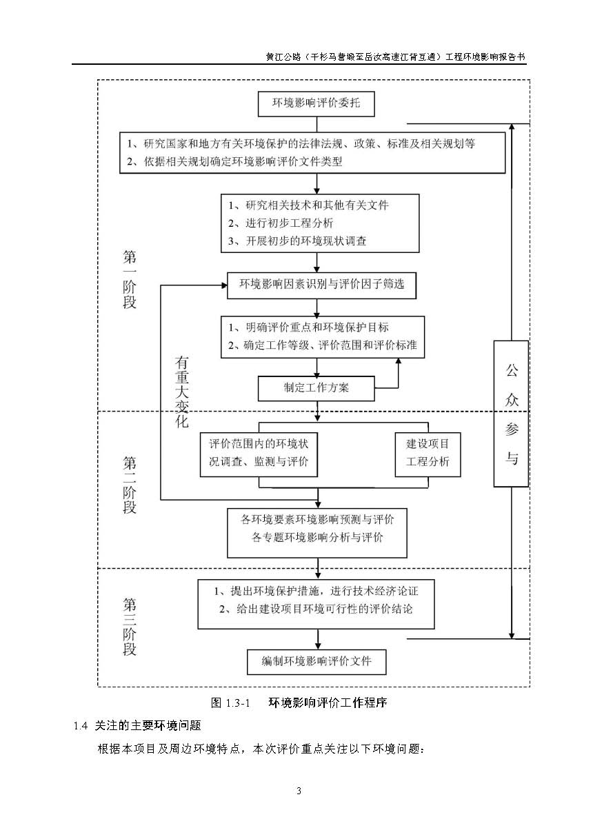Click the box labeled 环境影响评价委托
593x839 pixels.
tap(316, 104)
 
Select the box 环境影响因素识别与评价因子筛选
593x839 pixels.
tap(321, 285)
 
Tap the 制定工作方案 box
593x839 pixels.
tap(316, 387)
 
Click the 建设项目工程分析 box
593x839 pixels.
tap(428, 454)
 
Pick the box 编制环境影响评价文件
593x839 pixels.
tap(316, 661)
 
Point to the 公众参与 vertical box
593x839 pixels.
tap(511, 414)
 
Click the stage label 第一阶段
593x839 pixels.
tap(130, 279)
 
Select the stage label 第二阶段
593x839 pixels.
tap(130, 484)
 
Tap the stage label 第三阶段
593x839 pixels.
tap(130, 627)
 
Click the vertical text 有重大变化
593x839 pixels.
tap(181, 392)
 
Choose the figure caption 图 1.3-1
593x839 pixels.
tap(229, 703)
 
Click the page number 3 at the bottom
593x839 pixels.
tap(299, 790)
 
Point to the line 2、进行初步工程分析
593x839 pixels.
tap(281, 223)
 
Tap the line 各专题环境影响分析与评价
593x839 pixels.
tap(317, 537)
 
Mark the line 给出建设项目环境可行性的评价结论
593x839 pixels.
tap(316, 609)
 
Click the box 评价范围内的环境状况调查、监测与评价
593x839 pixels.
tap(259, 454)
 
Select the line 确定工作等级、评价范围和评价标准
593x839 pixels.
tap(323, 345)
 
